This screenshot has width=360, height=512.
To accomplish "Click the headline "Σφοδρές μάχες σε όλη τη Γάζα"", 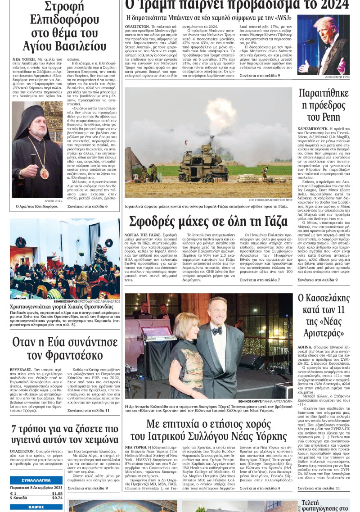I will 208,222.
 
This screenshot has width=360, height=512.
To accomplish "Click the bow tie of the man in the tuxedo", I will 217,331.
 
